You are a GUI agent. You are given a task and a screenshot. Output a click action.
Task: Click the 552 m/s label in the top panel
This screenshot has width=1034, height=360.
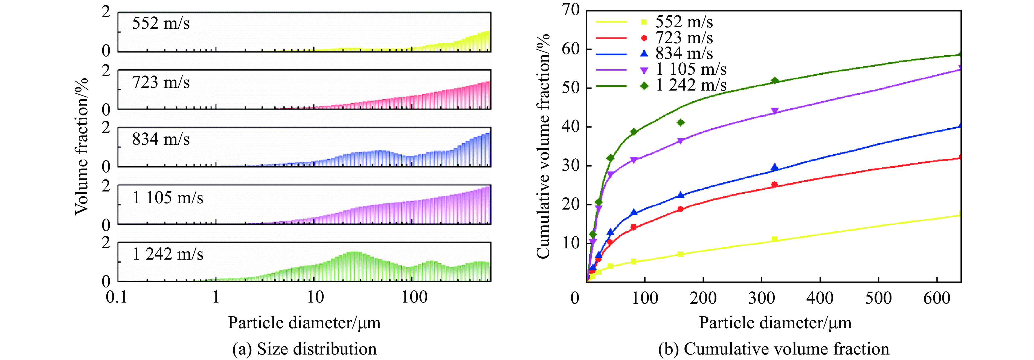[x=161, y=23]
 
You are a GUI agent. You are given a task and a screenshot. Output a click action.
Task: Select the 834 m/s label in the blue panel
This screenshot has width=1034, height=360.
[x=161, y=139]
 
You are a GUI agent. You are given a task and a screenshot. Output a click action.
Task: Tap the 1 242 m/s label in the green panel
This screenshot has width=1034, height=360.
[x=168, y=254]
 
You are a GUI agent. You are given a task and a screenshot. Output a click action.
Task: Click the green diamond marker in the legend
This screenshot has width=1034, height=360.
[x=644, y=85]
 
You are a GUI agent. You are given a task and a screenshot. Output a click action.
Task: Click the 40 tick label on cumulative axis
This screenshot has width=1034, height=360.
[x=571, y=126]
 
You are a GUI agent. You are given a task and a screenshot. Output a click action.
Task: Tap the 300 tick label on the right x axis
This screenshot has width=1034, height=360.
[x=762, y=298]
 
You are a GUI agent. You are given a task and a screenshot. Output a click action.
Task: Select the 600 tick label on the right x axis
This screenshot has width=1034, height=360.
[x=936, y=298]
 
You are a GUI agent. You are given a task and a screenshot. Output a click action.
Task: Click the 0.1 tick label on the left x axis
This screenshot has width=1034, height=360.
[x=117, y=297]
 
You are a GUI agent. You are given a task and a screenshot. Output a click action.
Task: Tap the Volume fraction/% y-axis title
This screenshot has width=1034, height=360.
[x=82, y=146]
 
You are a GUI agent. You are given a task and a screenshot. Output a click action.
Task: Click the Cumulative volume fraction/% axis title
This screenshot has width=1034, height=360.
[x=543, y=146]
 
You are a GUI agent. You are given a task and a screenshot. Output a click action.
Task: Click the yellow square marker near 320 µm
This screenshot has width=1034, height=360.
[x=775, y=240]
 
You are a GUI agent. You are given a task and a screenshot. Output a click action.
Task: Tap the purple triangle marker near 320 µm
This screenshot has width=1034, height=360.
[x=775, y=111]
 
